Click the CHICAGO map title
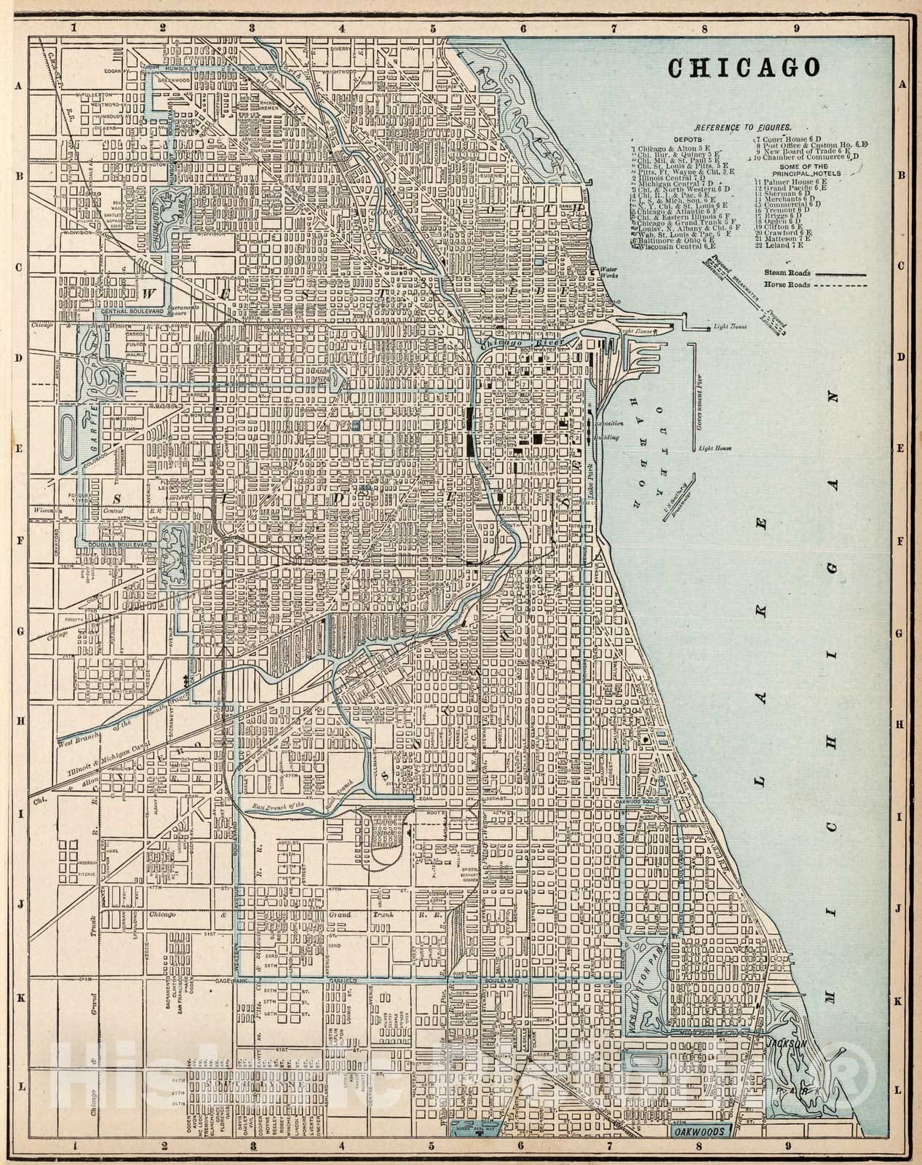(x=744, y=68)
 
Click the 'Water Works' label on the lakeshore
(x=608, y=273)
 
